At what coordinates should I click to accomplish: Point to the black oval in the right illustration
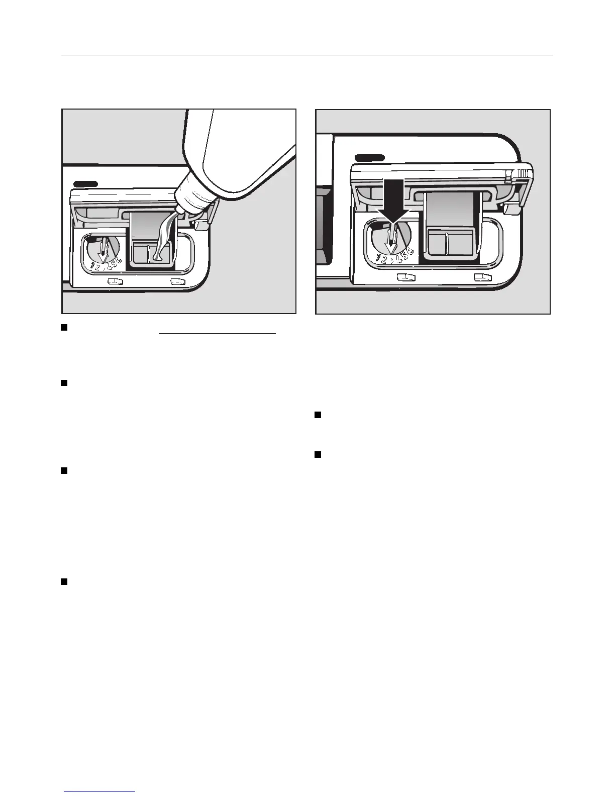coord(369,158)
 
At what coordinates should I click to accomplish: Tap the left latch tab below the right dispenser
coord(406,276)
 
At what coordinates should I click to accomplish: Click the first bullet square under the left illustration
coord(64,328)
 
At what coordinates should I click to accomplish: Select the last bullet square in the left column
coord(64,581)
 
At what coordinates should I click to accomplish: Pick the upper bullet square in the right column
coord(318,415)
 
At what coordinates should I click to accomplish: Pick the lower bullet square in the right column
coord(318,455)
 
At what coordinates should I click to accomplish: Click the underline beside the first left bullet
coord(218,333)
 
